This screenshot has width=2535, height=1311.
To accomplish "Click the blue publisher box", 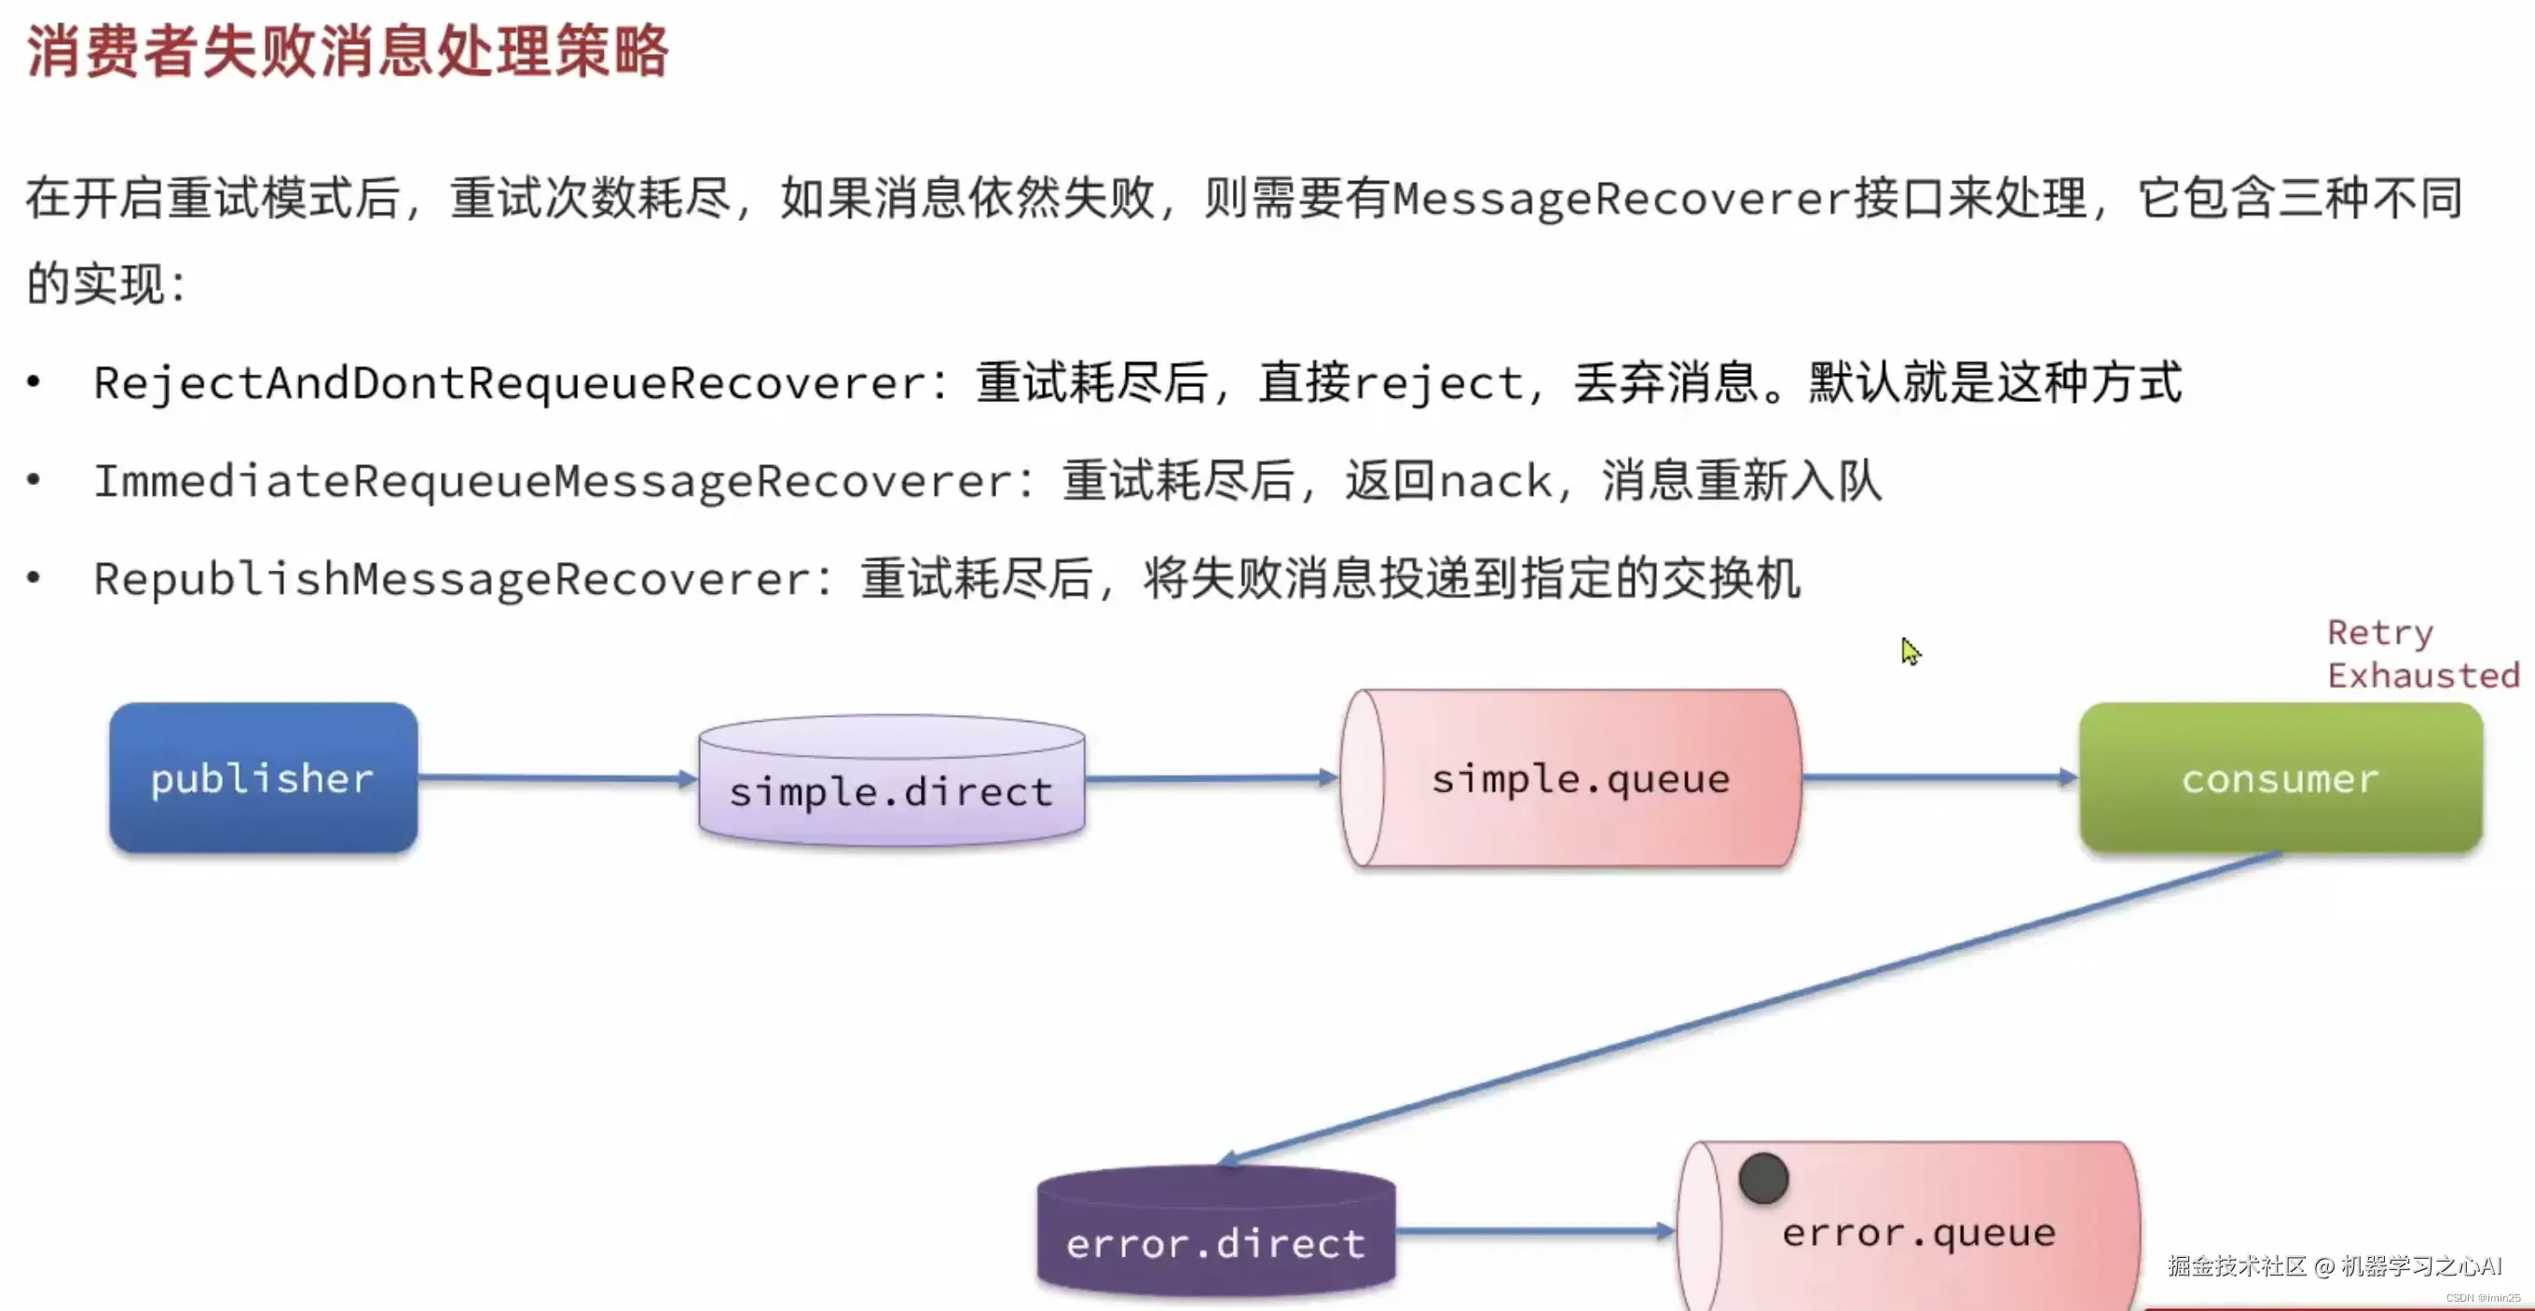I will coord(263,778).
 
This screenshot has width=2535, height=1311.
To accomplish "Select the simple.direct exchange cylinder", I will coord(892,782).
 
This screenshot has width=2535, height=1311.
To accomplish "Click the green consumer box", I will coord(2281,778).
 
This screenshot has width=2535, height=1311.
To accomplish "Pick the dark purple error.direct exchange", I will coord(1216,1235).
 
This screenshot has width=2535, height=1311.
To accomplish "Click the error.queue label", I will coord(1919,1233).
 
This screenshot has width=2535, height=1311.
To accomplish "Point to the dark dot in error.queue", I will coord(1762,1179).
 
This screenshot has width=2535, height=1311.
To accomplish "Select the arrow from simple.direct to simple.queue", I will coord(1212,779).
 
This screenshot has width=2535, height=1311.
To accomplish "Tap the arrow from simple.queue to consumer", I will coord(1939,778).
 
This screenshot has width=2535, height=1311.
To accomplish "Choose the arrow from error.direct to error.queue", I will coord(1535,1230).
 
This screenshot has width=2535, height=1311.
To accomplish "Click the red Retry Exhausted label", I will coord(2422,655).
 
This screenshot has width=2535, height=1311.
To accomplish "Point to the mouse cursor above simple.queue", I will coord(1911,651).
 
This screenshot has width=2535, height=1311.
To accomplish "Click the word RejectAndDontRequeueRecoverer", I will coord(510,383).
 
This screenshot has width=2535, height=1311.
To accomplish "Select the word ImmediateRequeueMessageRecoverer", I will coord(552,481).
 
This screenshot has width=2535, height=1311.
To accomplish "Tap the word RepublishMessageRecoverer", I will coord(452,579).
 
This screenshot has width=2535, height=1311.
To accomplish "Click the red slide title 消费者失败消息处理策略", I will coord(347,51).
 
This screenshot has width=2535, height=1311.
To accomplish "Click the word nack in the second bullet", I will coord(1496,481).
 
